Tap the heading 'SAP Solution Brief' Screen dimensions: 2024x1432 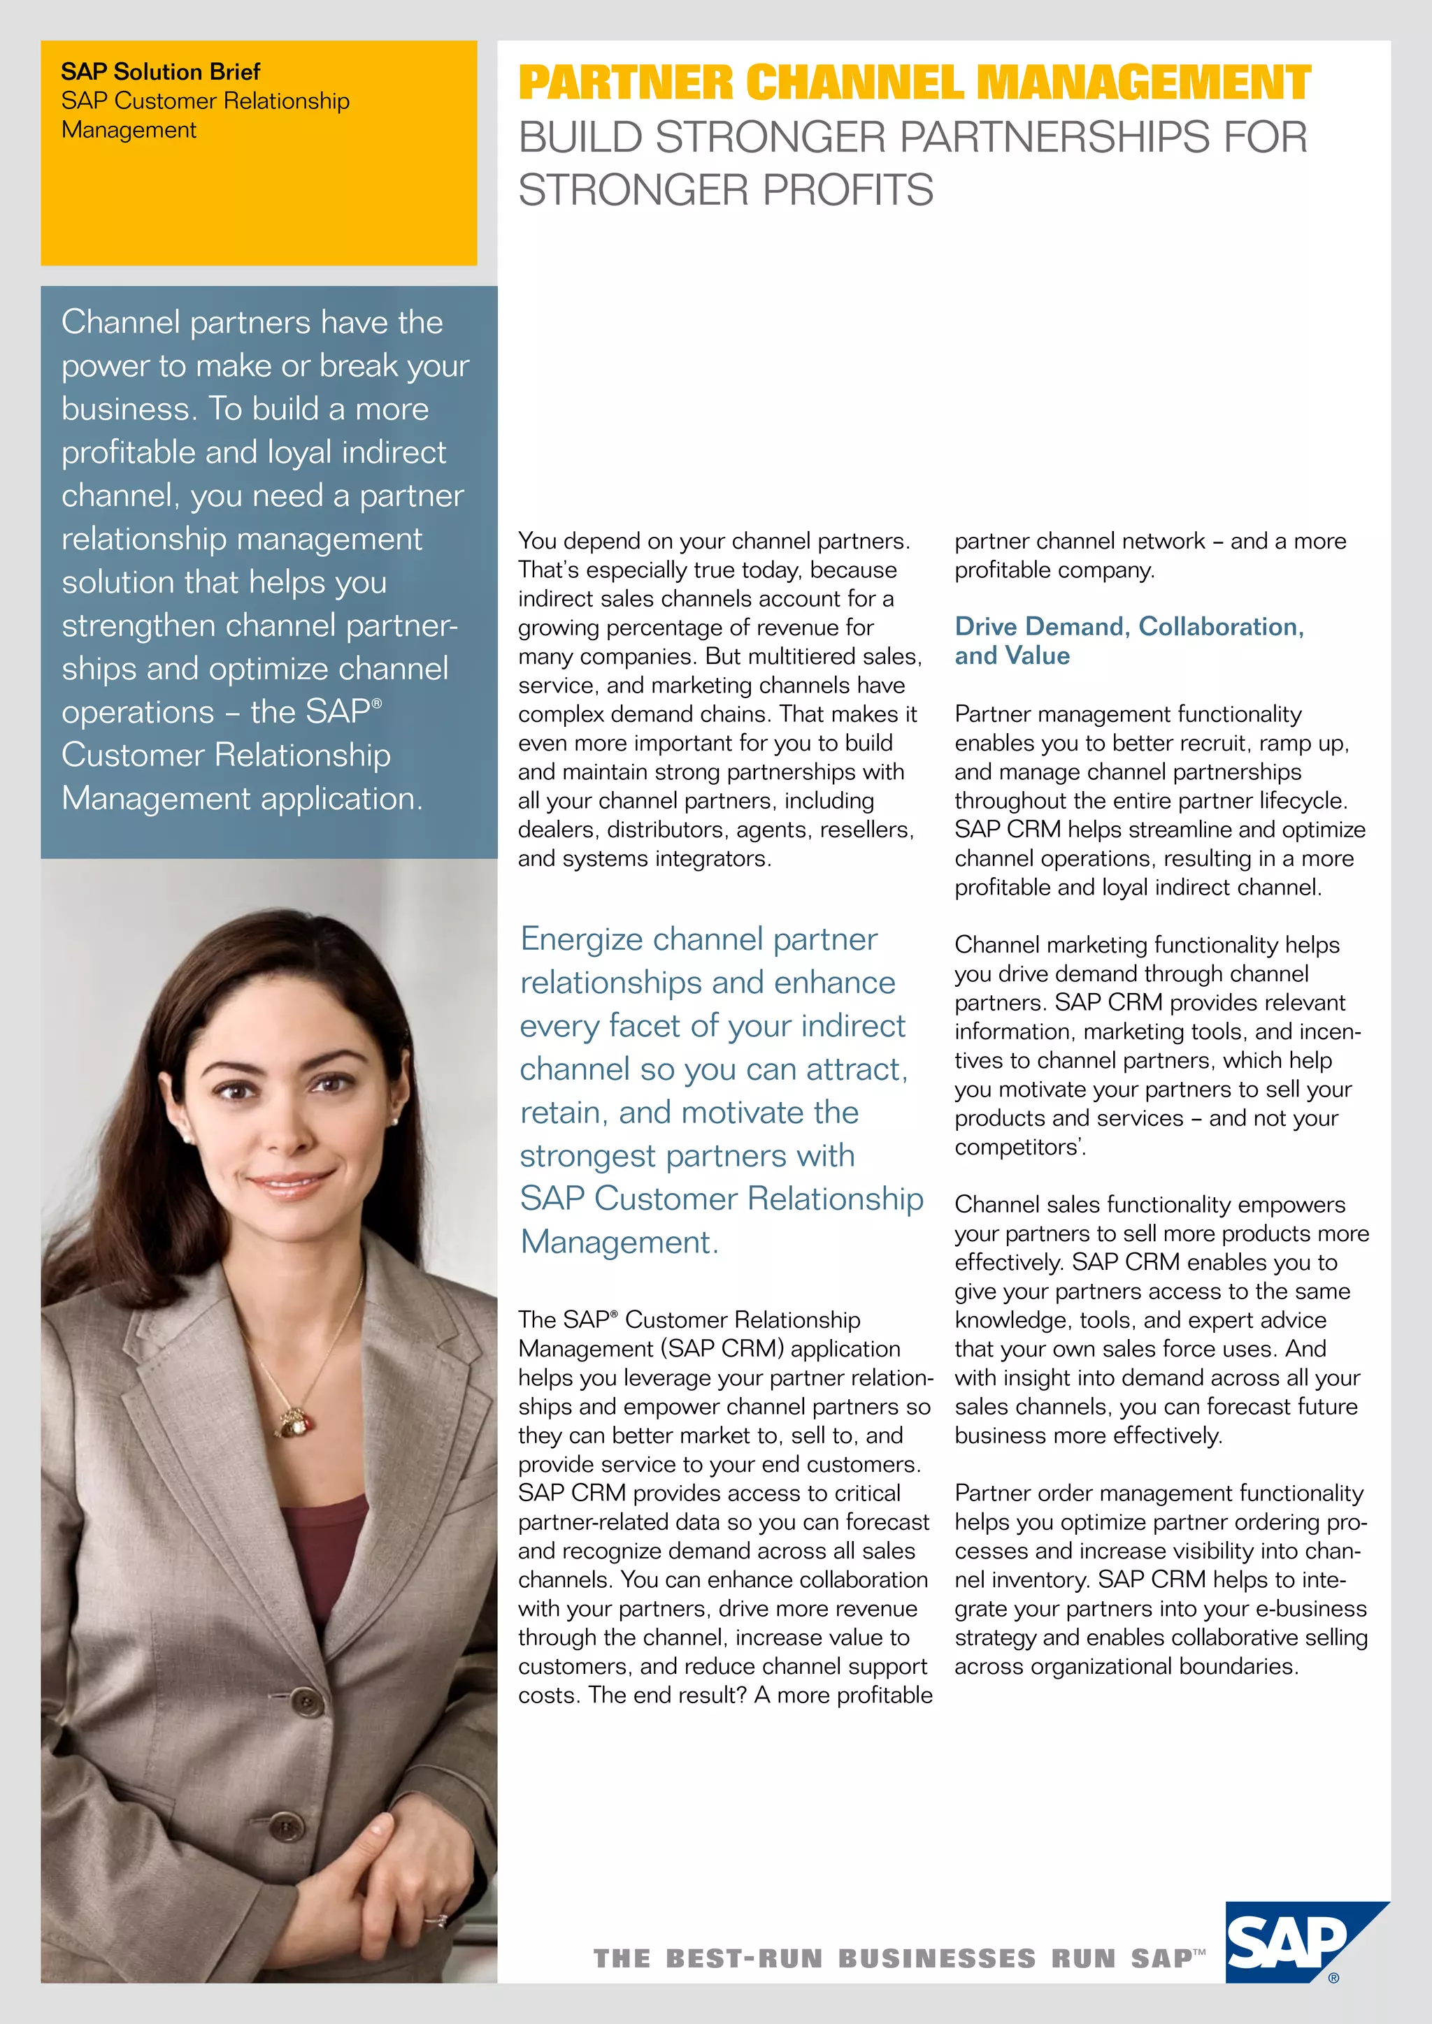[x=161, y=71]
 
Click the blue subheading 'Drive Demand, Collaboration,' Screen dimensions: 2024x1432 [x=1129, y=626]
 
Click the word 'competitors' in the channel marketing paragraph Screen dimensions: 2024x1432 [x=1016, y=1147]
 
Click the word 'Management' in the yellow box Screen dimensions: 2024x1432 [x=129, y=131]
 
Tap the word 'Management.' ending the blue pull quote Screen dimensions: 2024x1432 [x=619, y=1242]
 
